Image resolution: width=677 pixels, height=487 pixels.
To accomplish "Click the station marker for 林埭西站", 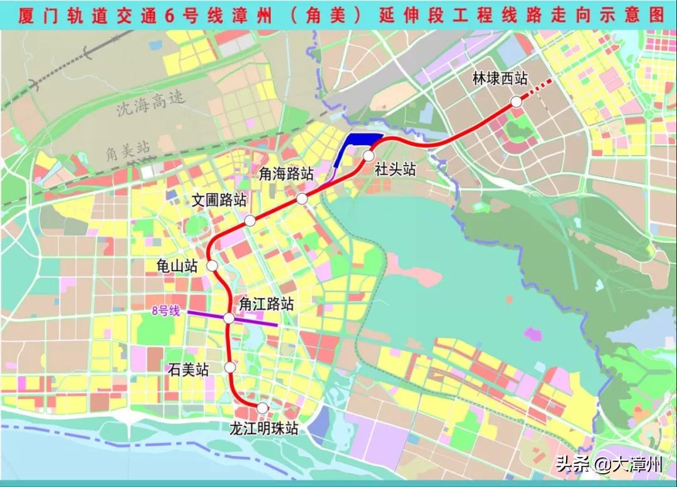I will click(x=517, y=102).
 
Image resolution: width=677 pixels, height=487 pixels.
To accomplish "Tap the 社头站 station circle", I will click(x=369, y=155).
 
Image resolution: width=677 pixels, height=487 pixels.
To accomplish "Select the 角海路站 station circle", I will click(x=302, y=199).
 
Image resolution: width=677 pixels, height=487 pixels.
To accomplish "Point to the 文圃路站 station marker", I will click(x=249, y=220).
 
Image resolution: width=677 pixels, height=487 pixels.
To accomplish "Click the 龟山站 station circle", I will click(x=213, y=265).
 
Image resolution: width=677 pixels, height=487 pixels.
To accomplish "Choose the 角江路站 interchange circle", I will click(x=229, y=319).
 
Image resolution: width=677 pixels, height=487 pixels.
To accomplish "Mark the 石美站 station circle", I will click(x=230, y=367).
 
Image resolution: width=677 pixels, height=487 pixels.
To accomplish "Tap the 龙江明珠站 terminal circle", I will click(x=263, y=408).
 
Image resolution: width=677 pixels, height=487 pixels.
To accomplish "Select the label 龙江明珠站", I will click(x=263, y=429).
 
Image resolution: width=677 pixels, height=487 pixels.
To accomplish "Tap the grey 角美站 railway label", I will click(x=128, y=151).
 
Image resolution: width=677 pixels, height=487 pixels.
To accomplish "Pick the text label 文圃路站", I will click(x=219, y=200).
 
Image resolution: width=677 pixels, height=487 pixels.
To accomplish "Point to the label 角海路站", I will click(x=286, y=175).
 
